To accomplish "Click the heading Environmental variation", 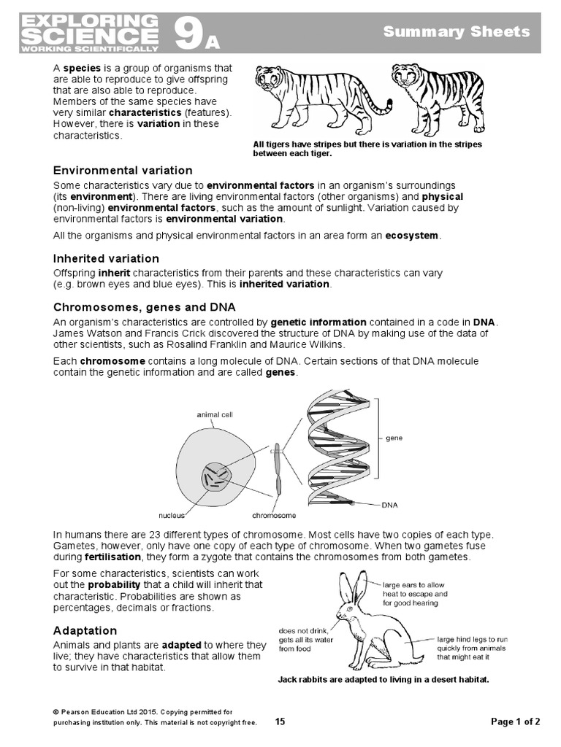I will click(x=123, y=170).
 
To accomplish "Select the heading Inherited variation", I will click(x=106, y=258).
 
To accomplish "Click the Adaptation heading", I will click(x=85, y=630).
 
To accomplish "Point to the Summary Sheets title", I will click(x=467, y=31).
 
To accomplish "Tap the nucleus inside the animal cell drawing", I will click(x=215, y=478).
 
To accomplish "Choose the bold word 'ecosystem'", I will click(x=411, y=236).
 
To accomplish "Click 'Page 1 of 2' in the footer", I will click(x=516, y=722).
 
